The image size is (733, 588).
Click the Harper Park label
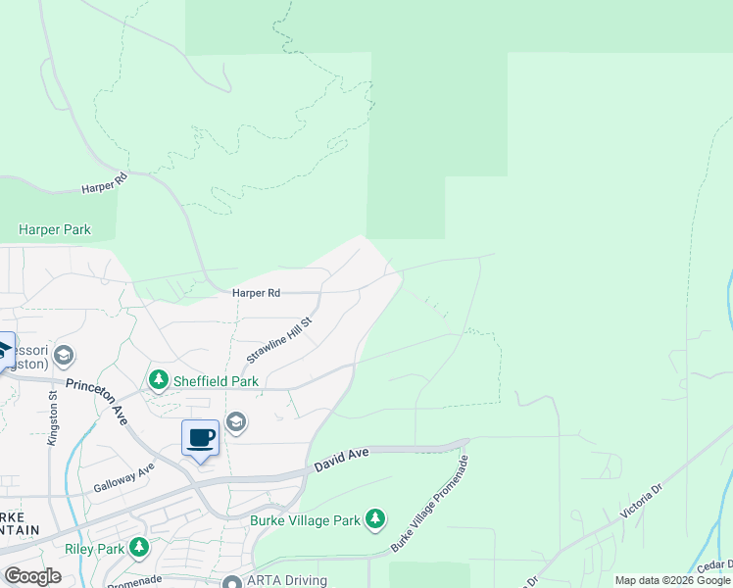coord(55,230)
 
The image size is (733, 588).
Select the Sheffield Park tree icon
coord(157,379)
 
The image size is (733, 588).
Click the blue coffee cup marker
coord(201,437)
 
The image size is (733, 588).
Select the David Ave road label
coord(343,460)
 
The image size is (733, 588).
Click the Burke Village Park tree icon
coord(374,518)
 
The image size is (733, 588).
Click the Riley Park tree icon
coord(140,548)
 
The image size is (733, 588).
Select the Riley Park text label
coord(95,549)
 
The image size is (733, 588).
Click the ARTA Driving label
coord(287,580)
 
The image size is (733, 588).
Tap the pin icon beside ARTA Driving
coord(232,581)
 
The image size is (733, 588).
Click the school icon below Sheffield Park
coord(235,422)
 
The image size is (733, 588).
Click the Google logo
coord(32,576)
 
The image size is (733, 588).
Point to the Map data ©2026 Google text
coord(672,580)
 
